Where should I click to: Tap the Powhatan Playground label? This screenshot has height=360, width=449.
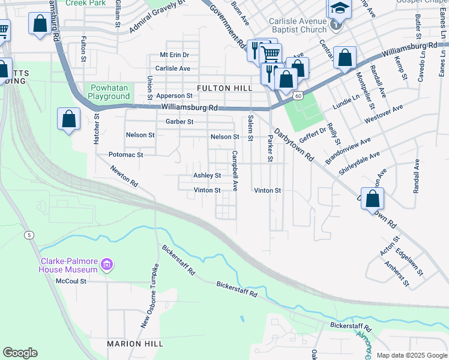coord(109,92)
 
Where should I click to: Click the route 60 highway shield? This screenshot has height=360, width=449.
coord(298,95)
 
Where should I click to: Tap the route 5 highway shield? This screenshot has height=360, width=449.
coord(29,235)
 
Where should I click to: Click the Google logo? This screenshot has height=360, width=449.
coord(20,352)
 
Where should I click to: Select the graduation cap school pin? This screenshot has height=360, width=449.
coord(339,10)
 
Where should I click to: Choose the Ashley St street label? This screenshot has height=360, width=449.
coord(206,176)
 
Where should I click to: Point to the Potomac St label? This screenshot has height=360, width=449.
coord(125,155)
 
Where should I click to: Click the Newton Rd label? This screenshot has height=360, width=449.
coord(124,175)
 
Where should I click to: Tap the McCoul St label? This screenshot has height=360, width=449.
coord(71,281)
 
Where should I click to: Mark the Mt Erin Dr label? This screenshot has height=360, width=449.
coord(174,55)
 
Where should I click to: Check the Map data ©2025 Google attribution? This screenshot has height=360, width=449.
coord(411,355)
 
